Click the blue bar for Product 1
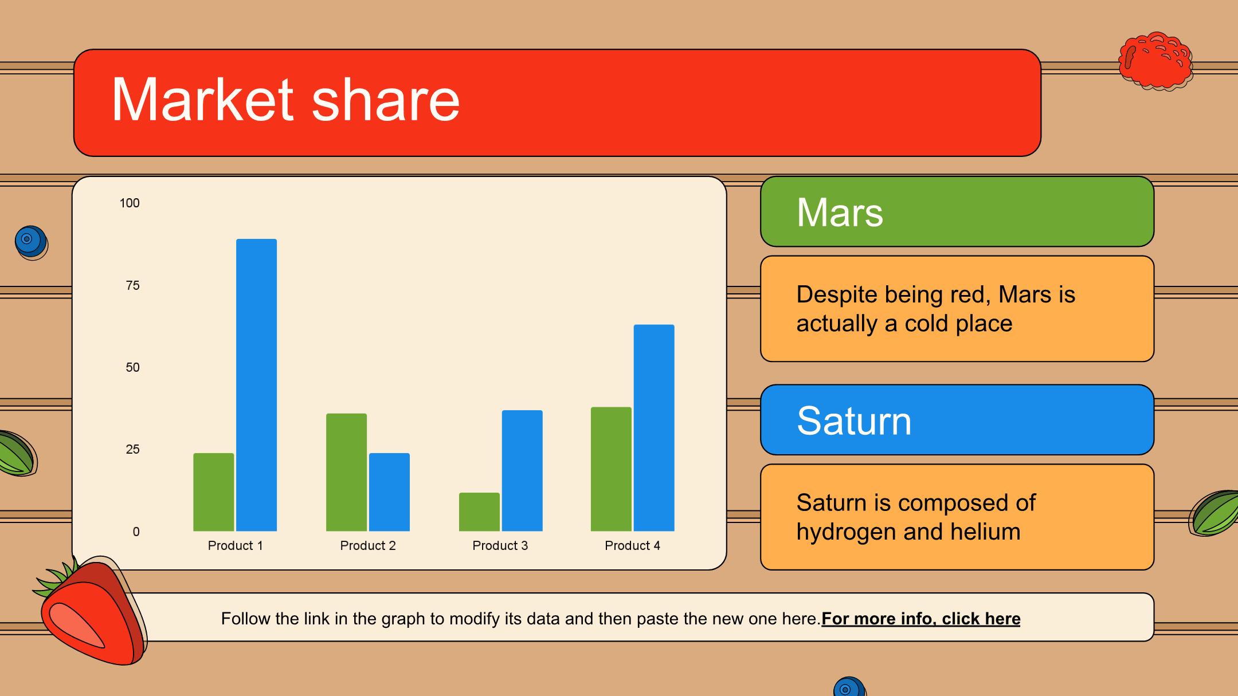[x=256, y=385]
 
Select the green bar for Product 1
[x=213, y=492]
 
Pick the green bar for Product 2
[x=346, y=472]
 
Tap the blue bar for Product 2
[x=389, y=492]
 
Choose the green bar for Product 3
[x=479, y=512]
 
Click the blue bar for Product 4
[x=654, y=428]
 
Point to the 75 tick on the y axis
[x=132, y=285]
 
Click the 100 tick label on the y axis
[x=130, y=203]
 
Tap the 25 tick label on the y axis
[x=132, y=449]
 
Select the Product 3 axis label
[x=500, y=545]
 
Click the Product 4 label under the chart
[x=632, y=545]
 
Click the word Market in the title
[x=202, y=99]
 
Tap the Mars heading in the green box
[x=840, y=212]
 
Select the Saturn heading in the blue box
[x=854, y=420]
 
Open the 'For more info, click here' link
[x=921, y=619]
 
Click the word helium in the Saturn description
[x=985, y=531]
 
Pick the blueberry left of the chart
[x=32, y=242]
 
